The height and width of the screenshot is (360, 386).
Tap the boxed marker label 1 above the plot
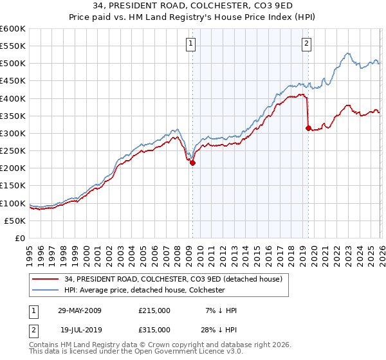pyautogui.click(x=192, y=44)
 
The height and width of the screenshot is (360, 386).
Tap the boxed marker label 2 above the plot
pyautogui.click(x=306, y=44)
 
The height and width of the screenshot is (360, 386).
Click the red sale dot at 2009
pyautogui.click(x=192, y=163)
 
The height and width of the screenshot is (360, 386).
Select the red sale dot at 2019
pyautogui.click(x=308, y=128)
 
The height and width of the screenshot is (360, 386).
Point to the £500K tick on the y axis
pyautogui.click(x=13, y=64)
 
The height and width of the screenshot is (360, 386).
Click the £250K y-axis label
pyautogui.click(x=13, y=150)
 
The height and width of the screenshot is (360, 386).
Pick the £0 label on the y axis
pyautogui.click(x=21, y=238)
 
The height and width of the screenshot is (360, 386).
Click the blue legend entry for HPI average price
pyautogui.click(x=144, y=291)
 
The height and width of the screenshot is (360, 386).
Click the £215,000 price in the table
pyautogui.click(x=154, y=310)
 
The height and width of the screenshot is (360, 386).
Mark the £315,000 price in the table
pyautogui.click(x=154, y=329)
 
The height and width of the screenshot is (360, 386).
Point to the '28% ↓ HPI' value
pyautogui.click(x=219, y=329)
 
